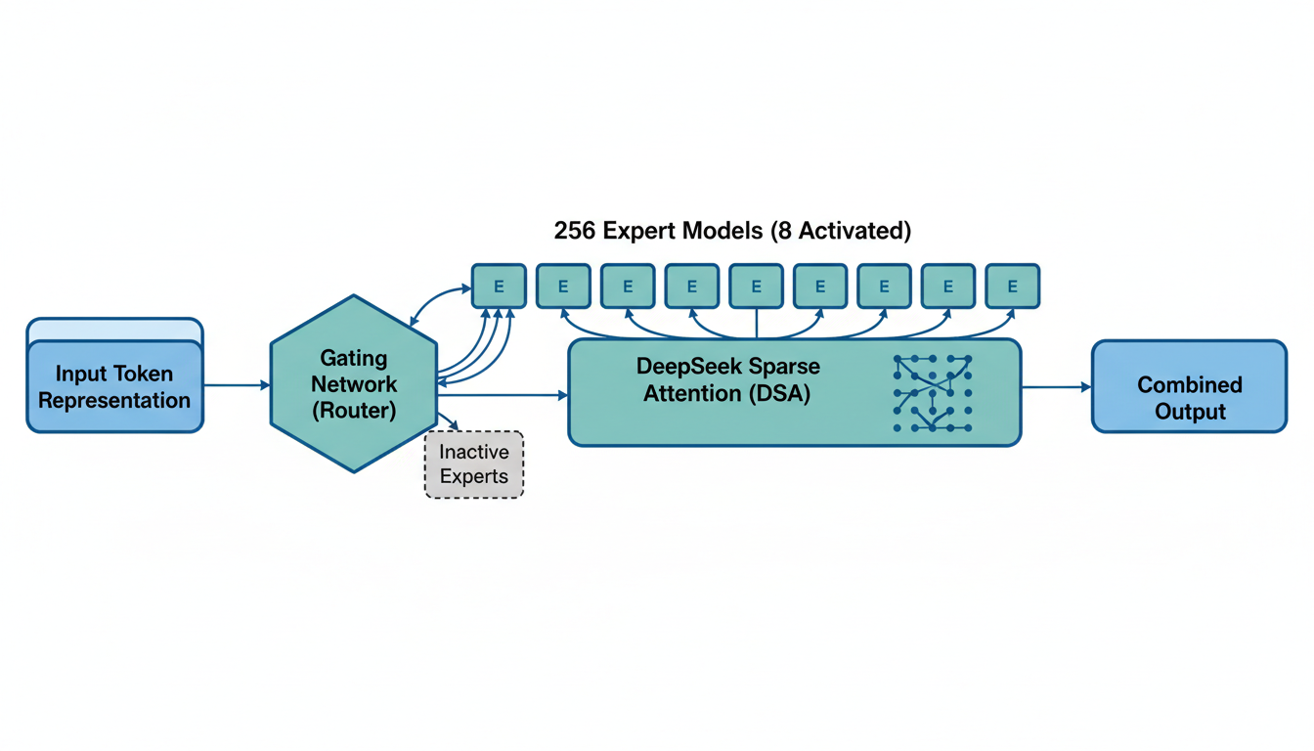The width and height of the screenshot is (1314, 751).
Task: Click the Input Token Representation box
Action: pos(114,385)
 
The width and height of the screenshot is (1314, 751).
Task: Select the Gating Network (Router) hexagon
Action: pos(354,383)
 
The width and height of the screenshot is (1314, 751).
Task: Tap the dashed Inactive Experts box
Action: pos(474,464)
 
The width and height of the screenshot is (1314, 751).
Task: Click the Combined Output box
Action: pos(1189,386)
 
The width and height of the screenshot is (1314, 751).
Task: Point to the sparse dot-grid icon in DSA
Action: pos(933,393)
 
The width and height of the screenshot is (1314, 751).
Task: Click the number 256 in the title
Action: pos(575,231)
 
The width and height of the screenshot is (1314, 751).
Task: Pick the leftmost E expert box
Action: pos(499,287)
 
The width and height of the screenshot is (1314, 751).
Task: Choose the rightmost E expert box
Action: pos(1012,287)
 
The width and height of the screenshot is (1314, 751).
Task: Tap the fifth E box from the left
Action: pos(756,287)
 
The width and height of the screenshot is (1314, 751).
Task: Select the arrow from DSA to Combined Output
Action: pos(1056,387)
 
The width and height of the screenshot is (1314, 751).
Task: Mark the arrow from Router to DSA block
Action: pos(503,395)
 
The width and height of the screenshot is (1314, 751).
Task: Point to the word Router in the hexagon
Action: pos(354,411)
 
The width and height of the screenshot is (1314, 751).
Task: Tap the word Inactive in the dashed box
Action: pos(474,452)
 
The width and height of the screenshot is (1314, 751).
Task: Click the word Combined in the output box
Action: pos(1190,384)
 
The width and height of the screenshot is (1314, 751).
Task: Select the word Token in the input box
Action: pos(144,374)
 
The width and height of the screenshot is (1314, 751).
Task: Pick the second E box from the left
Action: pos(563,287)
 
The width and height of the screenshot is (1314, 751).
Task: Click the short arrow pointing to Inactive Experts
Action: pos(450,421)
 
